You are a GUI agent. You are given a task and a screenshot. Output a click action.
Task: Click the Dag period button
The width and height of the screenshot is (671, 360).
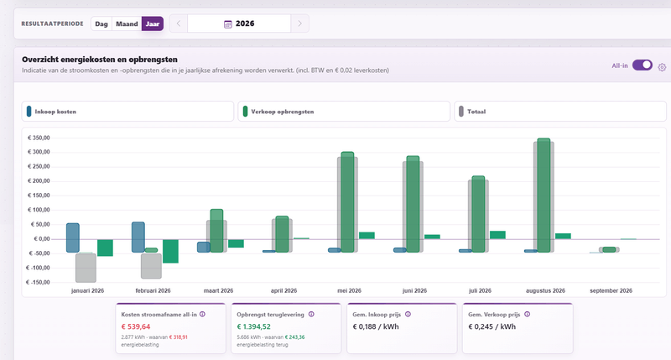[101, 24]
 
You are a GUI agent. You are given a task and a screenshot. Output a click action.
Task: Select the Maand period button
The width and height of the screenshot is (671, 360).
[127, 24]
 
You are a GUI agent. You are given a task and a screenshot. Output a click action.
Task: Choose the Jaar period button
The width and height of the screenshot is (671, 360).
[153, 24]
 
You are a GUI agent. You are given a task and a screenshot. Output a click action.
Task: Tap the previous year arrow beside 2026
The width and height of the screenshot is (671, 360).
[179, 23]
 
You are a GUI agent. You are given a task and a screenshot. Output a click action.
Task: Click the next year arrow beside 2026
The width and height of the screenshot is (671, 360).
[299, 23]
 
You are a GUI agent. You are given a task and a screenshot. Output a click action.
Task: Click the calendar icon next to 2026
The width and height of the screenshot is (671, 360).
[228, 24]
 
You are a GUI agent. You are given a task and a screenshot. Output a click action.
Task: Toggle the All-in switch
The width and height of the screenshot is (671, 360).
[642, 65]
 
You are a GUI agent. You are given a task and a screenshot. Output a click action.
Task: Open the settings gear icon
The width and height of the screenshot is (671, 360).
[662, 67]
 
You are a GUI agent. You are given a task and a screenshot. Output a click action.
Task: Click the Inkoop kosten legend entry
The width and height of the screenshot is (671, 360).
[127, 112]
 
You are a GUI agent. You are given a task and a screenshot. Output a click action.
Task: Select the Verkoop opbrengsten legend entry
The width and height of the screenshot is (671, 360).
[344, 112]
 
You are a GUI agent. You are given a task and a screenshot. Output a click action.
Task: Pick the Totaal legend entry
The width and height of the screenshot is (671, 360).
[559, 112]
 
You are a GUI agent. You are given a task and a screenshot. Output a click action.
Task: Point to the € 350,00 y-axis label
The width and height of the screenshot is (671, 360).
[39, 138]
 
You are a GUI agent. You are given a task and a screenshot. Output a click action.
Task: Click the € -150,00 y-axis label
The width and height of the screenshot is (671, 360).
[38, 282]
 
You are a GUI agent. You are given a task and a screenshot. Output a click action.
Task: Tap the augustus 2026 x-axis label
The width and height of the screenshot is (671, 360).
[545, 290]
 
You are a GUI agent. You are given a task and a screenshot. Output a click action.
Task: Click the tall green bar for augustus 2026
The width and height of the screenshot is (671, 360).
[544, 196]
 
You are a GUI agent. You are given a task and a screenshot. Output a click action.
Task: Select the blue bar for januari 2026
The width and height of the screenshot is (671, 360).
[73, 237]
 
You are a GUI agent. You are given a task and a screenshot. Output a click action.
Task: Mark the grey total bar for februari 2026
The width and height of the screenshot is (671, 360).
[152, 266]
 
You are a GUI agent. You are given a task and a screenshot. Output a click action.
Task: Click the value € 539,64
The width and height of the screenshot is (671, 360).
[136, 326]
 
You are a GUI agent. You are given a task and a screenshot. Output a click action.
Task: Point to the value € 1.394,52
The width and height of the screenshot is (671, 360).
[254, 326]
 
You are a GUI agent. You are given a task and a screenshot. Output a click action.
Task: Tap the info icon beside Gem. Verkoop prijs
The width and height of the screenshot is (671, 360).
[528, 314]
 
